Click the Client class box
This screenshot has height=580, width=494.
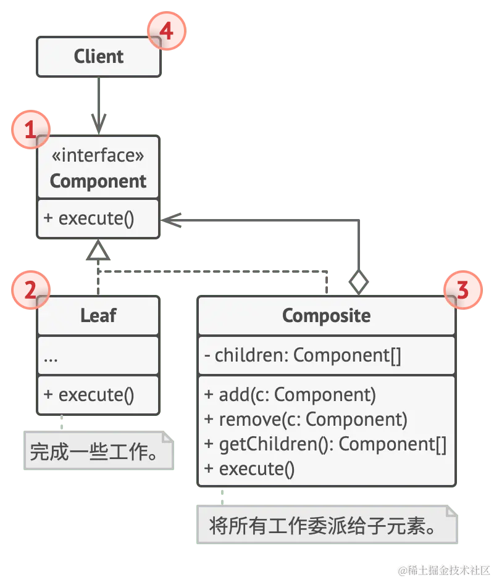pos(99,57)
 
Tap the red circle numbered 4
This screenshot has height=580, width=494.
pos(166,31)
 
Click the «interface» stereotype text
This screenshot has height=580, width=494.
pos(98,155)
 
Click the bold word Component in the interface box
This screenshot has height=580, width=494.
pos(98,181)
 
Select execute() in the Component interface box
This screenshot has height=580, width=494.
pos(89,219)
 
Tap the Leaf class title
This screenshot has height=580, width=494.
pos(98,316)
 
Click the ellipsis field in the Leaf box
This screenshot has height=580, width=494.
pos(51,357)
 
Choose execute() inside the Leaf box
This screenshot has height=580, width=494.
pos(89,395)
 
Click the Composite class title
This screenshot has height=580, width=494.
pos(326,316)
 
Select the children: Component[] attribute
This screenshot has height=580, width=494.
pos(303,356)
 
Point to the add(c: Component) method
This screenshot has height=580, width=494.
pos(290,394)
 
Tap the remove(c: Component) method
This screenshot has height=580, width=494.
pos(306,420)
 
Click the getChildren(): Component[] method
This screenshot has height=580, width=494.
pos(325,444)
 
